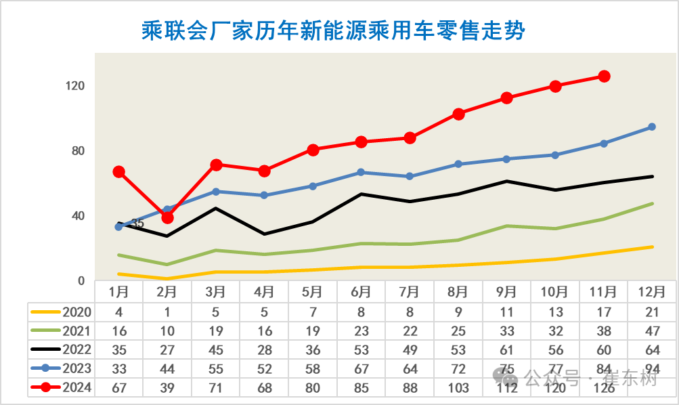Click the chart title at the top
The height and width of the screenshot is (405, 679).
334,30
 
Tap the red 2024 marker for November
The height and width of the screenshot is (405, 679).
604,77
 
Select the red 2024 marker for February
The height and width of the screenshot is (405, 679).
167,217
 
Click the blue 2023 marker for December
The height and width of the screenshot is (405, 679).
652,127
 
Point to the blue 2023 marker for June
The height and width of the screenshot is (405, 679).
361,172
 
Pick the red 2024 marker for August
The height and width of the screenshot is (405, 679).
458,114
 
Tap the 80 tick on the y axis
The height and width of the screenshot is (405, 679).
77,151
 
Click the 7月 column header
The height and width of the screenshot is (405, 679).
409,293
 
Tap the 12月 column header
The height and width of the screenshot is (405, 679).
652,293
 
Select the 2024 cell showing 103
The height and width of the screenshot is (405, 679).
458,387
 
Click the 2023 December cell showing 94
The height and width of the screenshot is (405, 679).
652,369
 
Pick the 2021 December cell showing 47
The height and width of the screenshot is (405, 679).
652,331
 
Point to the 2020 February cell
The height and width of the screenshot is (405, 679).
167,312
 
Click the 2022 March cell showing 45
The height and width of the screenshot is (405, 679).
215,350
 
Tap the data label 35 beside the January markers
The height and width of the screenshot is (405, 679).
137,223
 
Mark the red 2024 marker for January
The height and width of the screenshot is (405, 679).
118,171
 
